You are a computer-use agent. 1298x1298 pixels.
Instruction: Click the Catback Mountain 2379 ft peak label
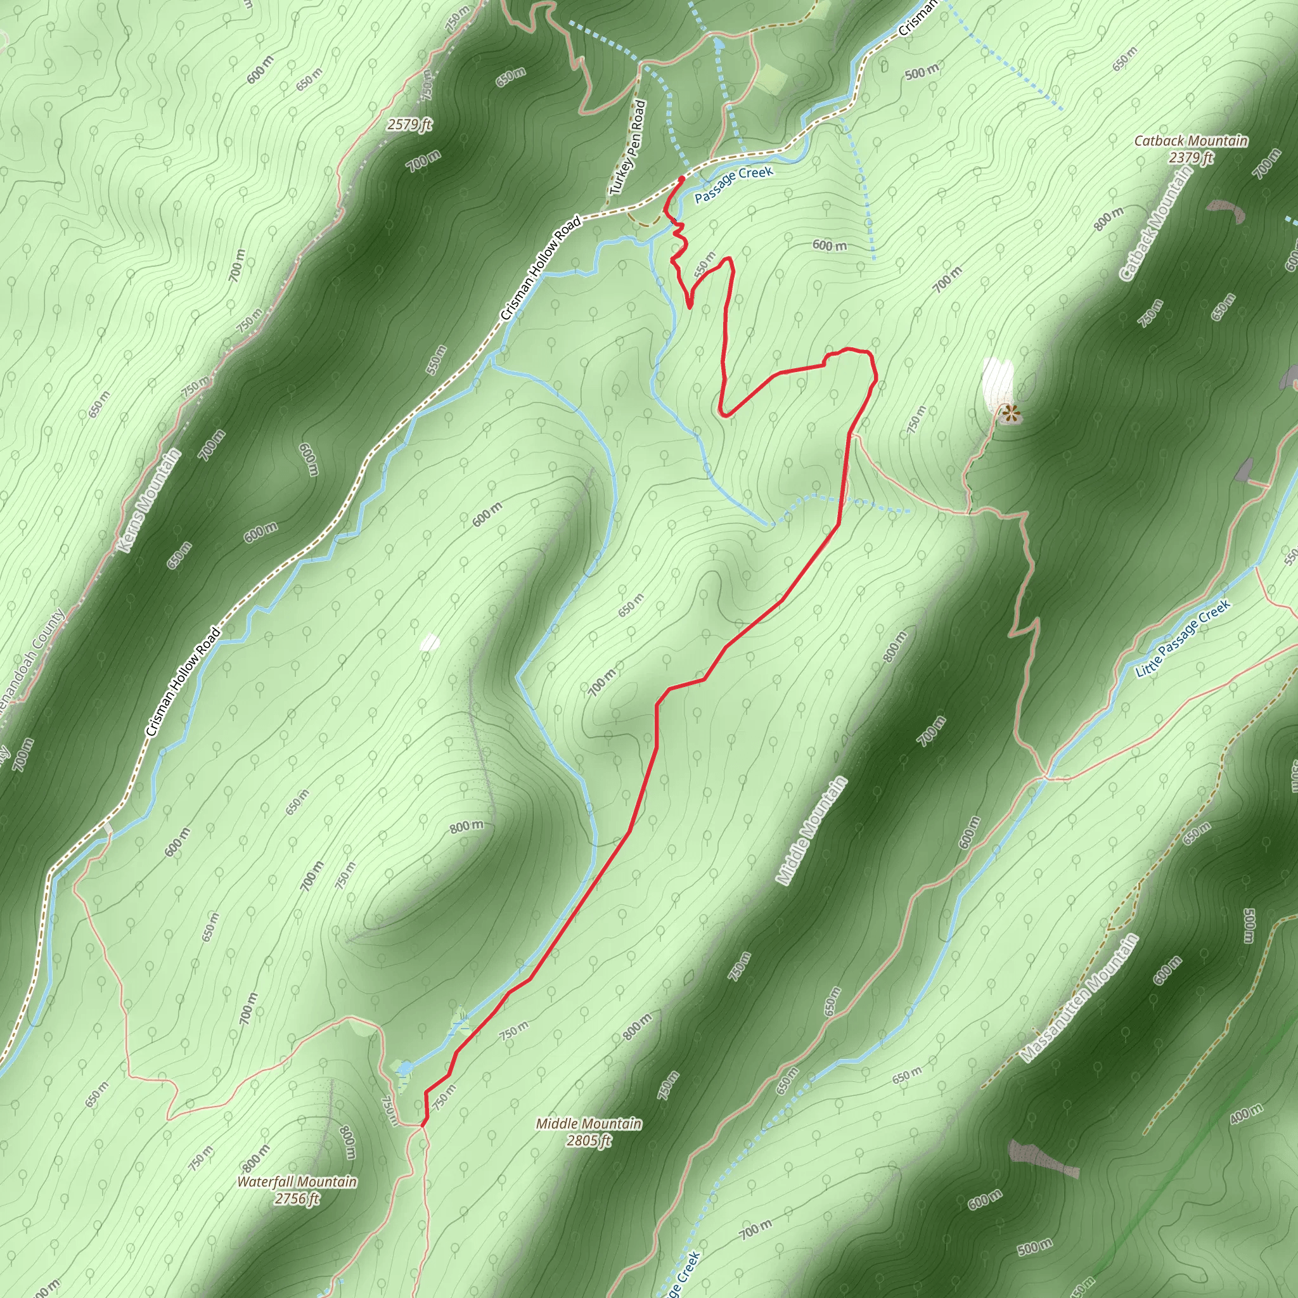[1190, 148]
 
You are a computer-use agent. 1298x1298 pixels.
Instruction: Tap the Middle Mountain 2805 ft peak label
[589, 1132]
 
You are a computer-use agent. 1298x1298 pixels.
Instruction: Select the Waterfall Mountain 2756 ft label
[297, 1190]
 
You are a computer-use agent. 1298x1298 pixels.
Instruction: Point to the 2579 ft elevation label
[409, 124]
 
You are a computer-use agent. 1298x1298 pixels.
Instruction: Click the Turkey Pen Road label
[627, 148]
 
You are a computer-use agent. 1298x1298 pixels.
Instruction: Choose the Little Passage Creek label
[1183, 638]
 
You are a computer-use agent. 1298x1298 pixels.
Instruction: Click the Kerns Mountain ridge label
[149, 501]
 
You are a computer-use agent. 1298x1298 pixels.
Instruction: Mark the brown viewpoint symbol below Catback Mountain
[1008, 413]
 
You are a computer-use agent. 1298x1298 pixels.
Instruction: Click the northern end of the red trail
[682, 178]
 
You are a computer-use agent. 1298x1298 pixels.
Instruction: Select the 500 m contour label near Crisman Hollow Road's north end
[922, 71]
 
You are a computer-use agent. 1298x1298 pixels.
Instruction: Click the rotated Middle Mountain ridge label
[812, 830]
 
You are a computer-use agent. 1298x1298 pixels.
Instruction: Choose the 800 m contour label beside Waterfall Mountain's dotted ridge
[347, 1141]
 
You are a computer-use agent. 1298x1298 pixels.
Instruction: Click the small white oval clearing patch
[429, 643]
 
